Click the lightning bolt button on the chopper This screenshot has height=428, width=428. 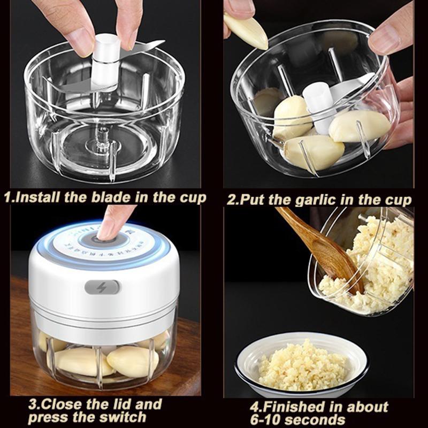click(x=102, y=287)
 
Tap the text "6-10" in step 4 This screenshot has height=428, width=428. click(x=266, y=419)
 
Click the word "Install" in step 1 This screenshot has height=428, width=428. click(x=38, y=197)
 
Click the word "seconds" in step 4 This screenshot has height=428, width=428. click(x=316, y=419)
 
